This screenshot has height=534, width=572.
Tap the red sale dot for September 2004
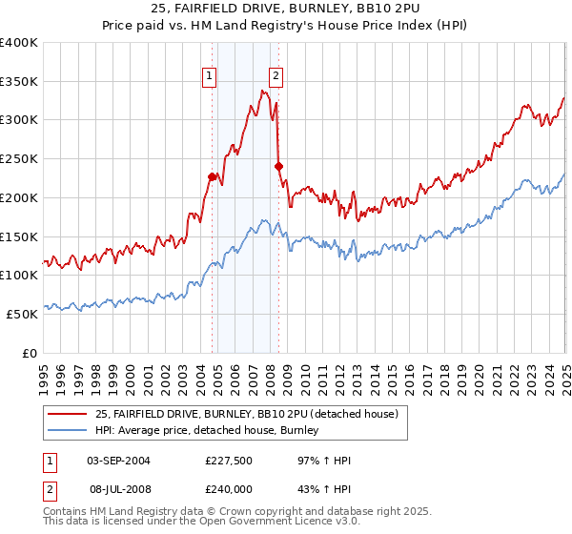pos(212,176)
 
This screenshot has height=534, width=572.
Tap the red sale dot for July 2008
pos(278,166)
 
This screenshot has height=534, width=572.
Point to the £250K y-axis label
pos(19,159)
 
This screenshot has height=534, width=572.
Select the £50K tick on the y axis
pos(23,314)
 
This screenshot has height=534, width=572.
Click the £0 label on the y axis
pos(31,353)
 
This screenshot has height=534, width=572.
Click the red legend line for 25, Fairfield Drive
pos(69,413)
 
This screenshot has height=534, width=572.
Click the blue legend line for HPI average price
pos(69,432)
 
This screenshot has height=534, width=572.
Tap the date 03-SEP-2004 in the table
pos(118,462)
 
